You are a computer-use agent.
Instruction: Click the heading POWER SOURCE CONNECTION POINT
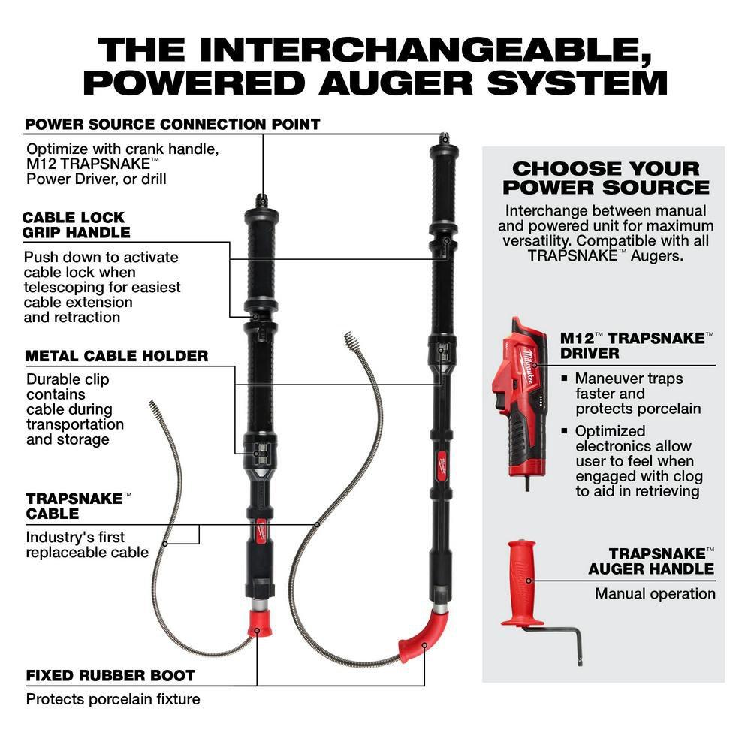click(x=173, y=124)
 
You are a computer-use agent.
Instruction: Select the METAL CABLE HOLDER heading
click(x=116, y=356)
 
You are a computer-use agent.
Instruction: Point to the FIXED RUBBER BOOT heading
click(x=110, y=675)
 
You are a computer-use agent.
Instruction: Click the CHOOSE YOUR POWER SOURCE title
click(x=605, y=177)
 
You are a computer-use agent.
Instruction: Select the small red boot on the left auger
click(x=259, y=621)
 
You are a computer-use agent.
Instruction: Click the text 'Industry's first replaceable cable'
click(x=87, y=544)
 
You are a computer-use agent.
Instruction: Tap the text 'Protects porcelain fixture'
click(x=113, y=699)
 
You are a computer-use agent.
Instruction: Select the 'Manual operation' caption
click(x=655, y=593)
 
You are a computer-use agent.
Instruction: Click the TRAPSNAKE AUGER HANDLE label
click(x=651, y=560)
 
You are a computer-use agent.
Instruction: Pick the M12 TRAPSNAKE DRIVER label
click(x=637, y=345)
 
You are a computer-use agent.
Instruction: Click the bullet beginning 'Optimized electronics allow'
click(x=638, y=460)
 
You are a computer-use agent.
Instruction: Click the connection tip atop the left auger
click(x=261, y=201)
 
